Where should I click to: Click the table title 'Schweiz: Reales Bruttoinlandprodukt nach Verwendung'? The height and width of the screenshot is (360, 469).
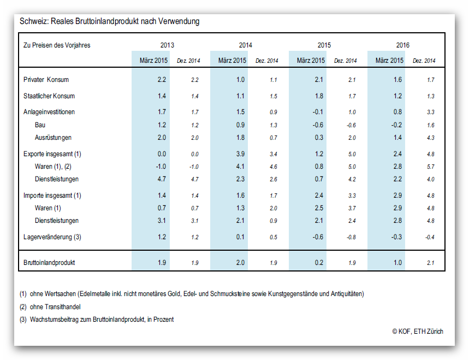click(110, 21)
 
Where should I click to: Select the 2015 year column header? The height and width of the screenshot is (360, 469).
click(324, 45)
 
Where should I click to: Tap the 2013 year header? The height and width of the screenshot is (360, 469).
click(167, 45)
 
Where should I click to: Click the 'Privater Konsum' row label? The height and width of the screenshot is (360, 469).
click(46, 80)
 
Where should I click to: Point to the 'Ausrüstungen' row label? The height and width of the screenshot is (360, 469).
click(54, 138)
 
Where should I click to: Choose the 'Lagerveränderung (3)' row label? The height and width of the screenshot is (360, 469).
click(52, 237)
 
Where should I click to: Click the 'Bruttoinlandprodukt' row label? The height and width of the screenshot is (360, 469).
click(49, 262)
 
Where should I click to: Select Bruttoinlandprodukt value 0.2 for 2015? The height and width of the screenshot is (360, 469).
click(319, 262)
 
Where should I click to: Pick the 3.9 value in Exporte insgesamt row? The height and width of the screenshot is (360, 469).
click(240, 154)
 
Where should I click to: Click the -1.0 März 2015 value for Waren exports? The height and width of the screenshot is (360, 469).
click(161, 167)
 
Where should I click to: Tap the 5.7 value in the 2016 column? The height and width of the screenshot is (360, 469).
click(431, 167)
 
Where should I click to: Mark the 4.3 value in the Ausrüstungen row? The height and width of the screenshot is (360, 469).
click(431, 138)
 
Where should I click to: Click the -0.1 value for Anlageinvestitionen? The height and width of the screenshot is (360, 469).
click(318, 112)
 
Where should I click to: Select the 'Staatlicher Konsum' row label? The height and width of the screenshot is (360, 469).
click(49, 96)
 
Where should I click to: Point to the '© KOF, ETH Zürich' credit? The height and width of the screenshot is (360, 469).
click(418, 331)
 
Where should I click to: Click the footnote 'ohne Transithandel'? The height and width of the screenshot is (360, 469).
click(55, 306)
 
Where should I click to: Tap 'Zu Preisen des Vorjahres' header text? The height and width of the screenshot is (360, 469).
click(57, 45)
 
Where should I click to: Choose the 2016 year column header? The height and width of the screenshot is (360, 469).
click(403, 45)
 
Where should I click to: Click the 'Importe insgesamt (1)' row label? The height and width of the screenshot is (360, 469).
click(52, 196)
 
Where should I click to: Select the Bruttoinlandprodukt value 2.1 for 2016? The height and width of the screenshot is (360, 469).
click(431, 263)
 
